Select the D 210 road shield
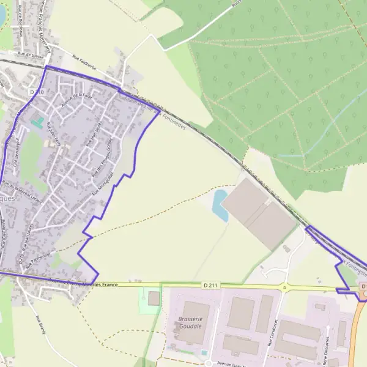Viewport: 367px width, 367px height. point(36,91)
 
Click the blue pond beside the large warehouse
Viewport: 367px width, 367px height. point(219,205)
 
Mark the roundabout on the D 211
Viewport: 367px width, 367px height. point(283,287)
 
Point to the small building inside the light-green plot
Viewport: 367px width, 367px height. point(154,298)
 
